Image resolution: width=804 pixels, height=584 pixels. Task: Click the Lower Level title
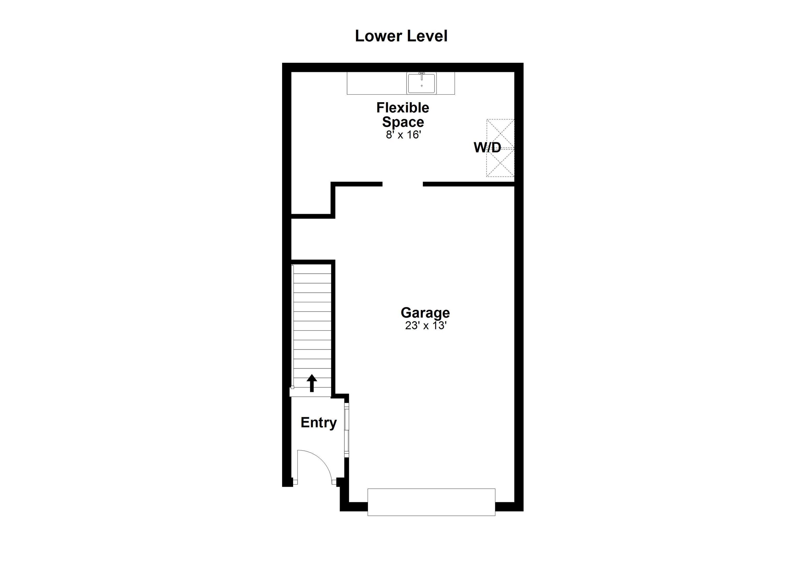[x=401, y=36]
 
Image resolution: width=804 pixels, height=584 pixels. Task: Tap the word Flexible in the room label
[x=403, y=108]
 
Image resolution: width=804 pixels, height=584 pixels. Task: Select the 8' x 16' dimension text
[x=403, y=135]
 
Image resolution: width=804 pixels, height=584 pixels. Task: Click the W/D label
[x=487, y=148]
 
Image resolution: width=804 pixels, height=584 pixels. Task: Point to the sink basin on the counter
[x=421, y=84]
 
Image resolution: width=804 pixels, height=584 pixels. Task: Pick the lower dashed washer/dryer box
[x=500, y=163]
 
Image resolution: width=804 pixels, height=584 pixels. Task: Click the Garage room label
[x=425, y=313]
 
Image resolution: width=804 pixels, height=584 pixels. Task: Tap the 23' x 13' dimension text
[x=425, y=325]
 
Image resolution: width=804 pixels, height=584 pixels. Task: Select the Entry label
[x=318, y=422]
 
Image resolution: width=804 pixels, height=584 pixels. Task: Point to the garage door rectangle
[x=431, y=502]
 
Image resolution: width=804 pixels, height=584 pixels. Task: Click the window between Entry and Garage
[x=347, y=429]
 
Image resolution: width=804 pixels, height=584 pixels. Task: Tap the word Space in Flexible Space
[x=403, y=122]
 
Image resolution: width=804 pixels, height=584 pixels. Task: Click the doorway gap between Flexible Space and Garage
[x=403, y=184]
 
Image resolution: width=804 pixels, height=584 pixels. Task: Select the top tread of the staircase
[x=312, y=269]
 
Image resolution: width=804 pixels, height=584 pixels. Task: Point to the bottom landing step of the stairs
[x=311, y=392]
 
